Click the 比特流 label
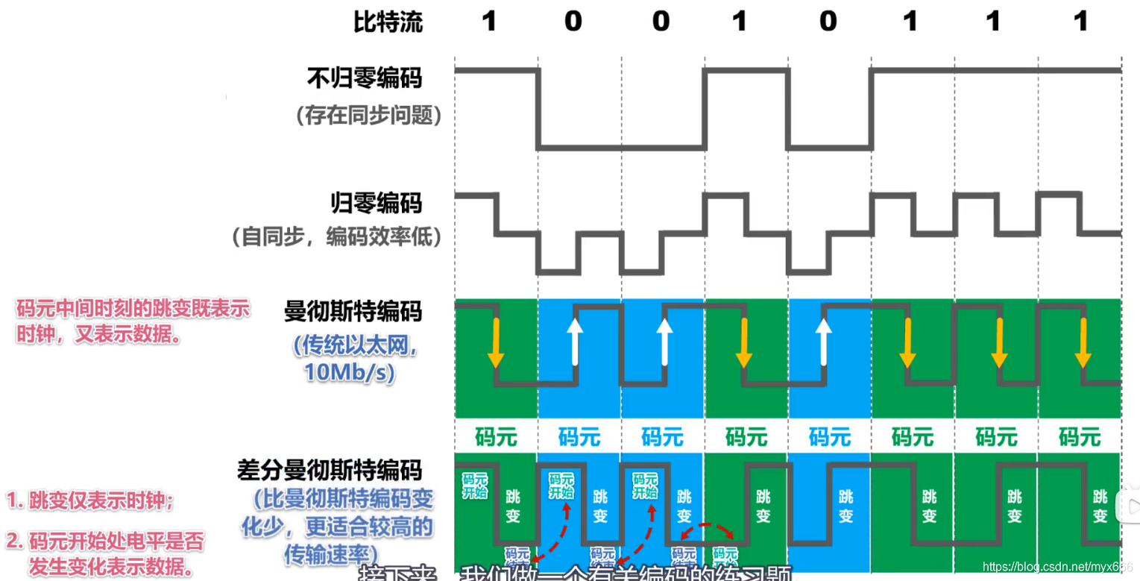click(388, 22)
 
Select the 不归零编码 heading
click(365, 78)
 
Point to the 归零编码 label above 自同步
click(377, 203)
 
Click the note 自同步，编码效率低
click(337, 237)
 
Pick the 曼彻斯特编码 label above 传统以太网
click(353, 312)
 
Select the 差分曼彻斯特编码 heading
click(330, 470)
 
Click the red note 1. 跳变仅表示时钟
click(90, 500)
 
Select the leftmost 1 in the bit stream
click(489, 22)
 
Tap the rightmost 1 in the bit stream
click(1081, 22)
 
